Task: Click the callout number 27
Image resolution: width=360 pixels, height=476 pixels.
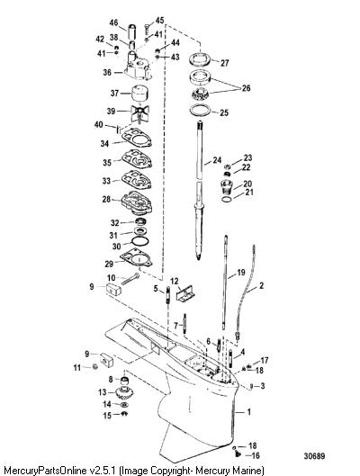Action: (225, 63)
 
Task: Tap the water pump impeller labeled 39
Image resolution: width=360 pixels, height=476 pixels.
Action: (139, 114)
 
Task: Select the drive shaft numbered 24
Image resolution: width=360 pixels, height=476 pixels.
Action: (199, 191)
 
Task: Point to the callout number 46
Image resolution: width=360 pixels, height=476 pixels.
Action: (113, 22)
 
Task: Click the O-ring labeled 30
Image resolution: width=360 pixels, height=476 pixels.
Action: (140, 241)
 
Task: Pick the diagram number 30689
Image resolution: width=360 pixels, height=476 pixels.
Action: (314, 456)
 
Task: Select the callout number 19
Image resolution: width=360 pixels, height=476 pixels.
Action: (240, 272)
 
